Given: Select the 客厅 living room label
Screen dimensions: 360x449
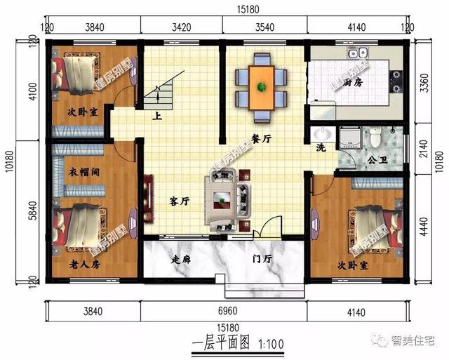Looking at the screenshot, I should pos(179,201).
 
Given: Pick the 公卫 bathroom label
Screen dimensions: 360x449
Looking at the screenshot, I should pos(377,160).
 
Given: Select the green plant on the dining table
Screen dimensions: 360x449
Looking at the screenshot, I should pos(261,87).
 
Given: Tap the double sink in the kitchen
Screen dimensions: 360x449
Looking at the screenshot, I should pos(358,52).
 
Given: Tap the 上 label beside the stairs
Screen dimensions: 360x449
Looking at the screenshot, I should pos(158,116).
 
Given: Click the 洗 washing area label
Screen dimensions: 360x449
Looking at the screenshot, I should pos(321,149).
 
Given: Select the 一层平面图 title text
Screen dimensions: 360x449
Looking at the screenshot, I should pos(222,344).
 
